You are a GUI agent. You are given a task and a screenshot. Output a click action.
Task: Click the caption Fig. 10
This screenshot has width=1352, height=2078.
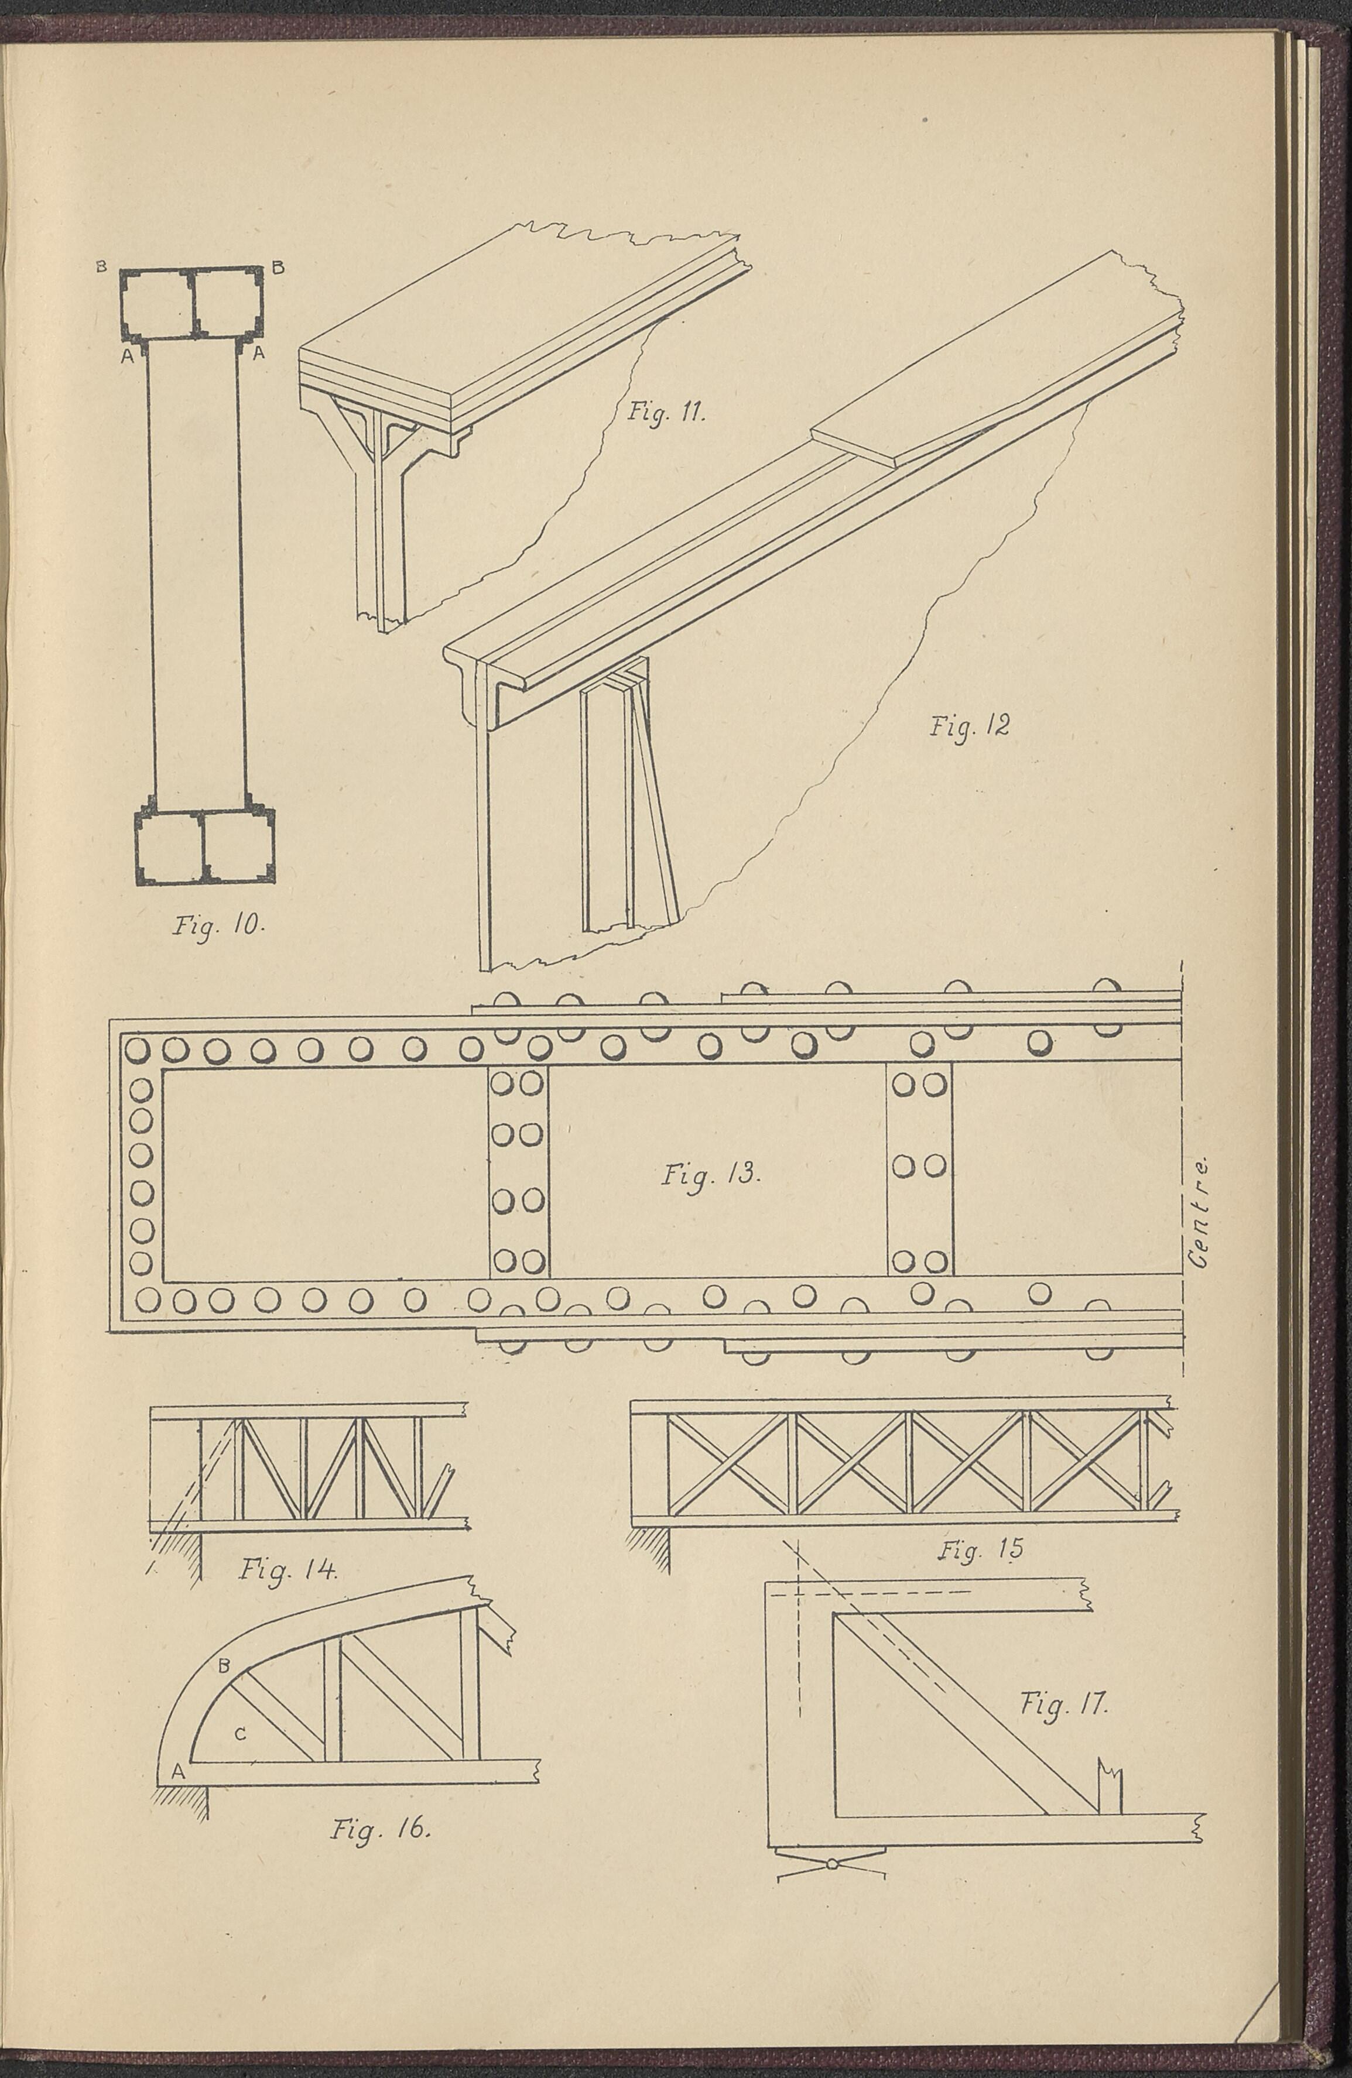(x=215, y=925)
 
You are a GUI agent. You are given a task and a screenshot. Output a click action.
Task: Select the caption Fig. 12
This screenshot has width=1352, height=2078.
(x=970, y=724)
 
